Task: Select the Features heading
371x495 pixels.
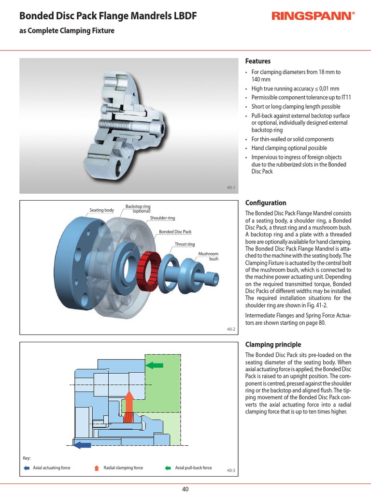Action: (258, 61)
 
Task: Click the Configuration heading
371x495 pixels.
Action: (266, 203)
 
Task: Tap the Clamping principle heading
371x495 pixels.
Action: (273, 345)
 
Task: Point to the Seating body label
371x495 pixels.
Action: (101, 210)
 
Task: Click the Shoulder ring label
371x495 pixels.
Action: (162, 218)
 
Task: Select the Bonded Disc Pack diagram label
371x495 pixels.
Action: (175, 232)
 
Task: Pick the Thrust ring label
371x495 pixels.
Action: (185, 245)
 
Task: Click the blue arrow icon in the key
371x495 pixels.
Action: (26, 468)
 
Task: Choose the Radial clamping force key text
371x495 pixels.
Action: (123, 468)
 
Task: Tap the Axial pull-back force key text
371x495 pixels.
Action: (193, 468)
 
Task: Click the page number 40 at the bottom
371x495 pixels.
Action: (185, 489)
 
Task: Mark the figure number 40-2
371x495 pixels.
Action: (230, 329)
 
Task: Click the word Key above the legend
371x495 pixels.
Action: (27, 458)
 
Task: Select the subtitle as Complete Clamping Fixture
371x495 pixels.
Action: (67, 31)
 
